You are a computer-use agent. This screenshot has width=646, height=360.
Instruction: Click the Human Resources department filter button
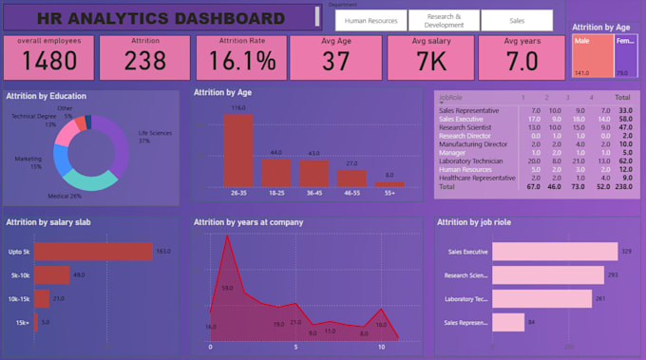(371, 21)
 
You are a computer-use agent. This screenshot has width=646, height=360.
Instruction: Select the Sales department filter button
(516, 21)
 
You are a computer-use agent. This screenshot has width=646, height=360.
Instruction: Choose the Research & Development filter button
(445, 21)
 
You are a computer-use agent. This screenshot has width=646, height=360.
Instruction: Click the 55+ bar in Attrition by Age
(389, 183)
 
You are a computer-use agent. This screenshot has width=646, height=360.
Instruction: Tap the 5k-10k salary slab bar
(51, 275)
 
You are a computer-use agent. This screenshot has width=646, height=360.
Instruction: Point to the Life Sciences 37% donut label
(155, 137)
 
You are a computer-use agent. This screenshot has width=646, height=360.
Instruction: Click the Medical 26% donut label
(66, 196)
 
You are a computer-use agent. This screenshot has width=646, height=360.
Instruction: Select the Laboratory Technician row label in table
(470, 161)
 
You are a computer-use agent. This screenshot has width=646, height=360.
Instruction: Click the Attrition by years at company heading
(247, 222)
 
